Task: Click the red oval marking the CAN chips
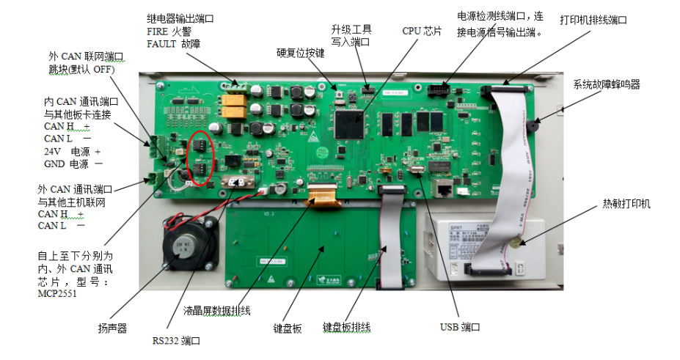tap(201, 158)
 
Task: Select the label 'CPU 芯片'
tap(422, 32)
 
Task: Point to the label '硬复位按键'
tap(301, 54)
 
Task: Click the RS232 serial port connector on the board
tap(237, 182)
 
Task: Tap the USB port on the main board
tap(417, 169)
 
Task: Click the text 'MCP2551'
tap(57, 294)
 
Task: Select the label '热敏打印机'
tap(626, 204)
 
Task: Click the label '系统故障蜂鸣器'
tap(607, 84)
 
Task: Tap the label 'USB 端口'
tap(460, 327)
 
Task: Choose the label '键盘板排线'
tap(346, 328)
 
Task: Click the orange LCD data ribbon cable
tap(322, 194)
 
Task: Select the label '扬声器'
tap(112, 328)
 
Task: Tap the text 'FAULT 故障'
tap(173, 44)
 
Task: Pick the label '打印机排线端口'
tap(593, 20)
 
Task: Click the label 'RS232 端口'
tap(176, 340)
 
